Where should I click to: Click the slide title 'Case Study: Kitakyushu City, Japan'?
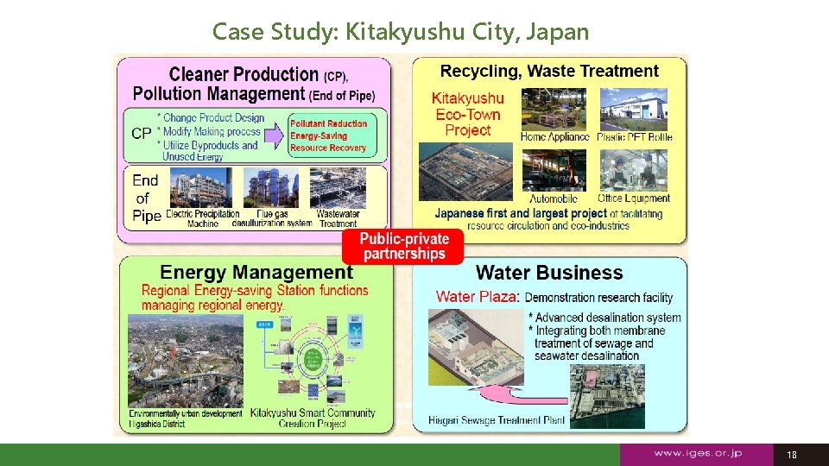401,32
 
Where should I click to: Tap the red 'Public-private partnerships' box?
404,246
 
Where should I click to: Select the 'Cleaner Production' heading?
244,74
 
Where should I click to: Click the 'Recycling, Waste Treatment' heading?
549,72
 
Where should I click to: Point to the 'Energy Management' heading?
256,273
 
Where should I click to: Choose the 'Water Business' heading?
549,273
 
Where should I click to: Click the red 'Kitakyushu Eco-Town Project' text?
467,114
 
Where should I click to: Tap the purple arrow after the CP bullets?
275,135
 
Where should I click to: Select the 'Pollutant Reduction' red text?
328,123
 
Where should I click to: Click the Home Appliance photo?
554,109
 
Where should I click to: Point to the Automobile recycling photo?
554,170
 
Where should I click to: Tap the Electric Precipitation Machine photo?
201,187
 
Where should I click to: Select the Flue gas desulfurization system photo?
272,187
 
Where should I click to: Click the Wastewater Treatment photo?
338,187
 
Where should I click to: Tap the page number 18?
792,455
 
